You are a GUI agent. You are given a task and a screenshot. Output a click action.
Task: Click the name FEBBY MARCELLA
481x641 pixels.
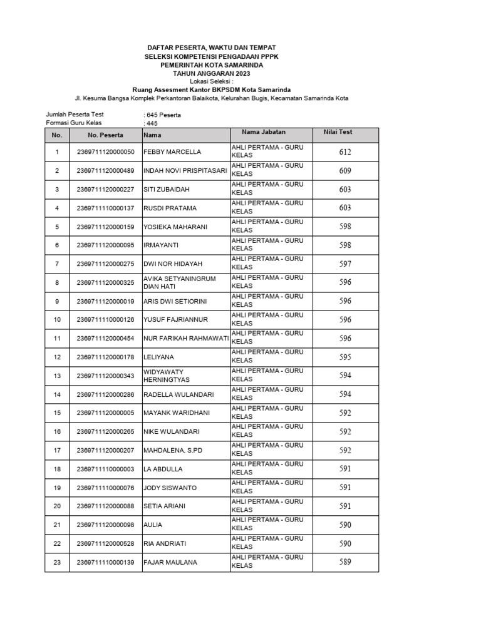pos(172,152)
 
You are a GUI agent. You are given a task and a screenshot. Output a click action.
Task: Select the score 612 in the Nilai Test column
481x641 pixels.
pos(345,152)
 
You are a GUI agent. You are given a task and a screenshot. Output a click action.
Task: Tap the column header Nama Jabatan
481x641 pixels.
pos(264,132)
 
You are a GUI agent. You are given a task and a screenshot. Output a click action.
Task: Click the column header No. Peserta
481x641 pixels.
pos(105,135)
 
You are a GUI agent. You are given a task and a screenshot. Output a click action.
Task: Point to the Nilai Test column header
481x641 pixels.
pos(338,132)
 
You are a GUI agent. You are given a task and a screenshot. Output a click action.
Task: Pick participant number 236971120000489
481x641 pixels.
pos(105,171)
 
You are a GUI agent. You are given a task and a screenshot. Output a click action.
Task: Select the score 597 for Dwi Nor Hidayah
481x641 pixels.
pos(345,264)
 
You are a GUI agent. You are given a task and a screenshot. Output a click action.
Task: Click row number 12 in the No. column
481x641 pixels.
pos(57,357)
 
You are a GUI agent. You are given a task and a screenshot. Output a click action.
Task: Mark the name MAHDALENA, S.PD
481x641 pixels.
pos(173,450)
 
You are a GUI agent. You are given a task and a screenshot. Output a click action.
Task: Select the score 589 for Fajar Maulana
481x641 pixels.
pos(345,562)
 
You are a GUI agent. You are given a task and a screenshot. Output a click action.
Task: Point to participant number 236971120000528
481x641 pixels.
pos(105,543)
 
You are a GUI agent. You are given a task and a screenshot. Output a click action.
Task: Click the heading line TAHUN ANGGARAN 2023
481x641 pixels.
pos(212,74)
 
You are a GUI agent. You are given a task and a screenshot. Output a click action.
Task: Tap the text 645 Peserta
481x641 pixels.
pos(163,115)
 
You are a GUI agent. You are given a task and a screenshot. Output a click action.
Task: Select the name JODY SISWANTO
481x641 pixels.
pos(170,488)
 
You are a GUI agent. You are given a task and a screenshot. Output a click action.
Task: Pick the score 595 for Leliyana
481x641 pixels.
pos(345,357)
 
